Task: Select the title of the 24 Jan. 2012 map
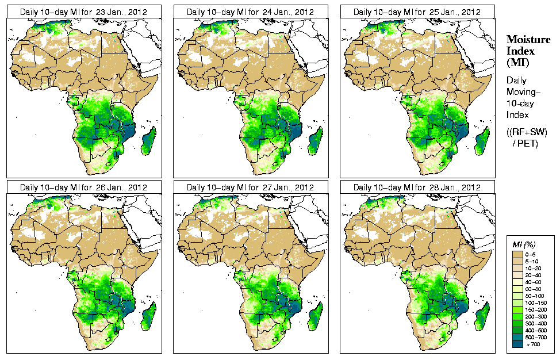click(x=250, y=12)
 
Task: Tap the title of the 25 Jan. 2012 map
click(x=417, y=12)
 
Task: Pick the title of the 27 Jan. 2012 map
click(x=250, y=187)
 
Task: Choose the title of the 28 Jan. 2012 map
click(x=417, y=187)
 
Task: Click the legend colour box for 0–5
click(x=517, y=254)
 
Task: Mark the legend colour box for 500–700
click(x=517, y=337)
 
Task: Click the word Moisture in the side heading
click(x=528, y=39)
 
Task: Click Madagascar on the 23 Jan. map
click(x=149, y=141)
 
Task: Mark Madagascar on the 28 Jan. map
click(x=482, y=317)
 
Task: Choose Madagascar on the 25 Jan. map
click(x=482, y=141)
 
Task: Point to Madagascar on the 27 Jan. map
click(x=316, y=317)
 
